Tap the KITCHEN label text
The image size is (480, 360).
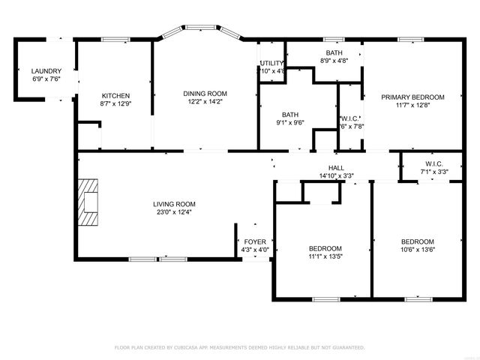(116, 95)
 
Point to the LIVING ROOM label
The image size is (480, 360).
(174, 204)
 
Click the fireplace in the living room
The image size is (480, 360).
(89, 202)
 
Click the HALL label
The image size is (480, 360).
(336, 168)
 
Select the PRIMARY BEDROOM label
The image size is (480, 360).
(412, 97)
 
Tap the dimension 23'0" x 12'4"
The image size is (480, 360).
(174, 212)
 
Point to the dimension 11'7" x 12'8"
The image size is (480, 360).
(412, 105)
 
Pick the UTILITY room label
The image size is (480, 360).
(271, 63)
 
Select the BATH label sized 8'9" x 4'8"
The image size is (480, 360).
(334, 52)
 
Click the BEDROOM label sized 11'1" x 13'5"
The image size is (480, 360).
(325, 248)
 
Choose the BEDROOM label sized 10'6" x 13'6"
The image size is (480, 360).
(418, 241)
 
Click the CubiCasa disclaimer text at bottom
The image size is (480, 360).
(239, 348)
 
